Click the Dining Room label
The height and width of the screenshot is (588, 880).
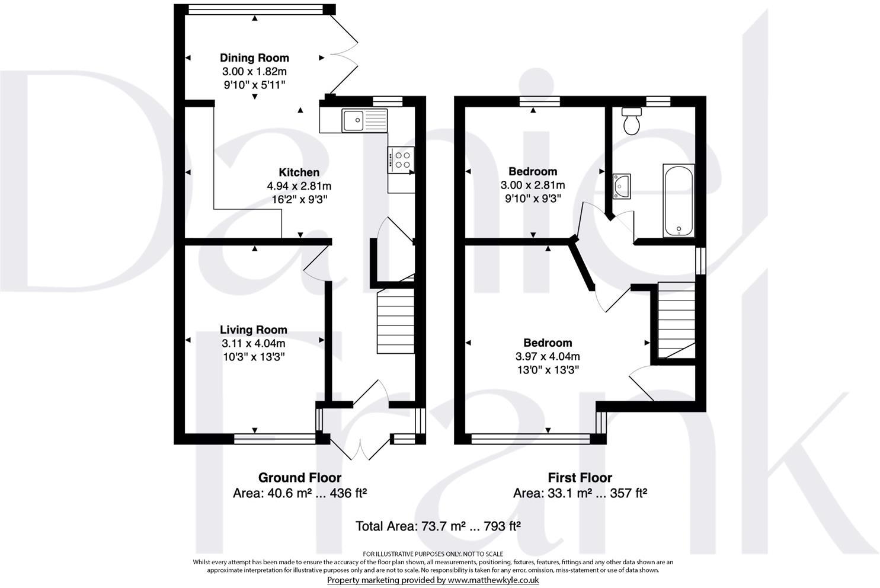point(254,57)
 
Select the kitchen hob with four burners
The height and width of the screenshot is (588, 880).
point(402,160)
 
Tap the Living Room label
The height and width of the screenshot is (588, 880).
point(253,330)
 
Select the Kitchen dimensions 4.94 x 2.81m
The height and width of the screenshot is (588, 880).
point(299,186)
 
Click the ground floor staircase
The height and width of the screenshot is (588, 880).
point(395,321)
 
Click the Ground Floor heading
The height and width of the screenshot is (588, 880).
point(299,477)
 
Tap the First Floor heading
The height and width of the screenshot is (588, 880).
point(580,477)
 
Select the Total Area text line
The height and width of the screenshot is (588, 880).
point(438,525)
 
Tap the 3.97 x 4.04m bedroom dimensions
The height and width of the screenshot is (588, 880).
point(548,356)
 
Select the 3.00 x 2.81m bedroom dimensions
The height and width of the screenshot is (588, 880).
point(533,185)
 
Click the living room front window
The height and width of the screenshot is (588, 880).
point(275,439)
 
